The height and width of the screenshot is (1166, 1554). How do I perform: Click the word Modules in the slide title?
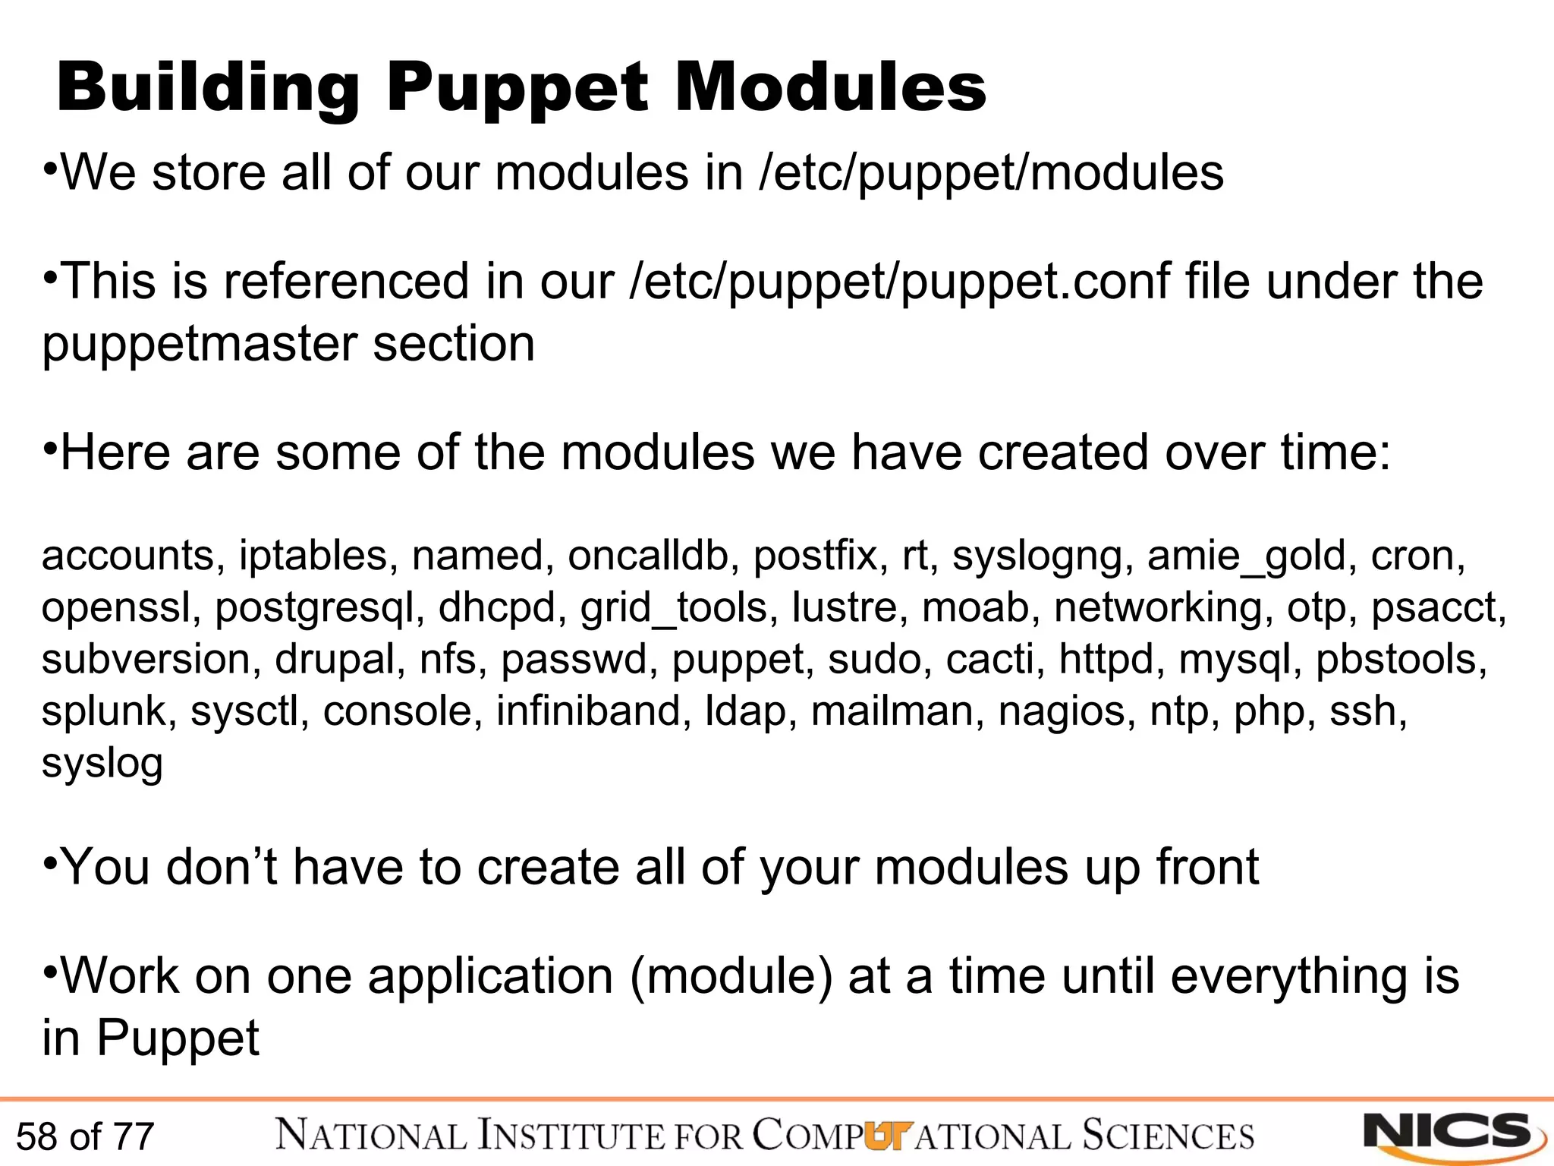pyautogui.click(x=830, y=88)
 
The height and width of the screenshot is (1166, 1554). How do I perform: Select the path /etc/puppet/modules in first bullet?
pyautogui.click(x=991, y=173)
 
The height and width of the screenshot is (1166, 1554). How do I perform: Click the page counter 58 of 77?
pyautogui.click(x=85, y=1136)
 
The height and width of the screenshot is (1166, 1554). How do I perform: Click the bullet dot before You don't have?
pyautogui.click(x=50, y=862)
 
